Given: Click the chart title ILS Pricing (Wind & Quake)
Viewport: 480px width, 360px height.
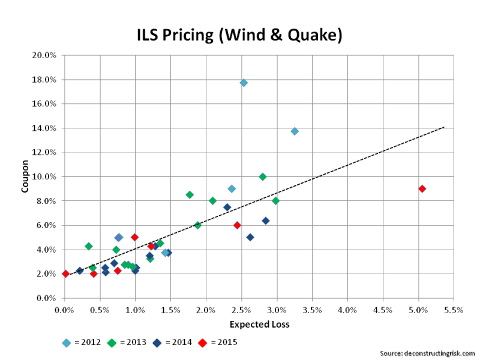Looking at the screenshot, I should point(239,35).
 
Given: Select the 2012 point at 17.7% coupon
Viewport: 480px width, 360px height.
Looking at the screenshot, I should point(244,83).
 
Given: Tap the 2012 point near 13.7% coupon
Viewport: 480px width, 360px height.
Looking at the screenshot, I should point(295,131).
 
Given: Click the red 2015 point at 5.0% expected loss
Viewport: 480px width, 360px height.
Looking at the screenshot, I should point(422,188).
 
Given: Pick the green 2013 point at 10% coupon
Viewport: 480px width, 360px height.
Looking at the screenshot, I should point(262,177).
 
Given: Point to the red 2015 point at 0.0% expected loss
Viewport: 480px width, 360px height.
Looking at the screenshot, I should point(65,274).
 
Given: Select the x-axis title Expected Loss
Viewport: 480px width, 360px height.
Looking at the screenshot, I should point(259,325).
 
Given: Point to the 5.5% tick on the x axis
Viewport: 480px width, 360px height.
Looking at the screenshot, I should point(453,310).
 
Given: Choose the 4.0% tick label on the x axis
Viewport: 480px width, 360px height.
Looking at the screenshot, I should point(347,310).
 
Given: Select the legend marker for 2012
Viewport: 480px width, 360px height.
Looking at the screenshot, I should point(67,343).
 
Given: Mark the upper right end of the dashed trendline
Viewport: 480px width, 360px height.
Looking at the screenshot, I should point(444,127).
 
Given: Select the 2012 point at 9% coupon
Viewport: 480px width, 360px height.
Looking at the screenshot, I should point(232,189).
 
